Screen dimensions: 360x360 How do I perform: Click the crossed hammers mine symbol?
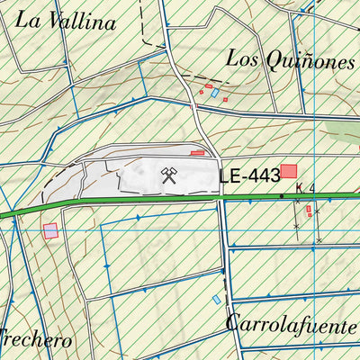[168, 175]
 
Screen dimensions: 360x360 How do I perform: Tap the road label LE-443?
[247, 177]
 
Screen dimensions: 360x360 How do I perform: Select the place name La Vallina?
[67, 22]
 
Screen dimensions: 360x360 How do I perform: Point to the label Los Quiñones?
[290, 59]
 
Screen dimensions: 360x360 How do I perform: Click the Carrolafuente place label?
[292, 323]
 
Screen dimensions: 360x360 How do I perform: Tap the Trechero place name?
[34, 341]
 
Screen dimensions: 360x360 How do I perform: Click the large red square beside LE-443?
[289, 171]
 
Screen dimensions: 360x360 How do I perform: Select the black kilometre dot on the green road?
[282, 195]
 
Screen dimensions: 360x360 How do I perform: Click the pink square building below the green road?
[50, 230]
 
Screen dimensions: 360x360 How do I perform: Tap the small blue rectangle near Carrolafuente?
[216, 299]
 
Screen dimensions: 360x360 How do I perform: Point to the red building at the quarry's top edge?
[197, 153]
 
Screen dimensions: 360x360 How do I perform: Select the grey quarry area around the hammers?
[135, 175]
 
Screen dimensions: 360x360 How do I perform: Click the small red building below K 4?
[309, 210]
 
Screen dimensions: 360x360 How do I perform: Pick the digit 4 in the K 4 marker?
[310, 188]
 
